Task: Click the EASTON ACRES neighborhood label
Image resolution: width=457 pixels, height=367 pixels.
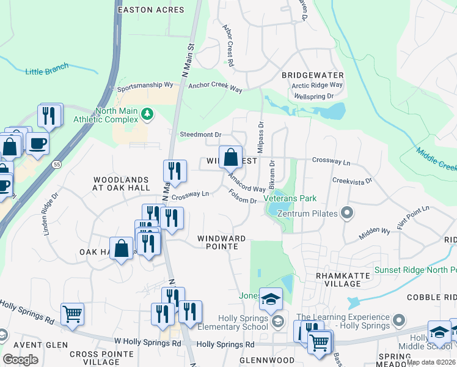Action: tap(150, 10)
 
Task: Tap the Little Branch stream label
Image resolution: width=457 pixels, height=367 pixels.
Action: tap(47, 69)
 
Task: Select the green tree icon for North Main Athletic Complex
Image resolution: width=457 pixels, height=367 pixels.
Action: tap(147, 114)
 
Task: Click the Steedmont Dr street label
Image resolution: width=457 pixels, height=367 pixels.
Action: tap(200, 135)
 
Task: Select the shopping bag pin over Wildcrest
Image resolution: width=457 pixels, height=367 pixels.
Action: tap(230, 158)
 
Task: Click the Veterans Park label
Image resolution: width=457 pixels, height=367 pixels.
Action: tap(290, 199)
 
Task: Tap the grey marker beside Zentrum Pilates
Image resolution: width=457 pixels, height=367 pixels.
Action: tap(347, 213)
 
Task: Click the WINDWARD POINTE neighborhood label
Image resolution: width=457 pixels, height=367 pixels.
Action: tap(221, 242)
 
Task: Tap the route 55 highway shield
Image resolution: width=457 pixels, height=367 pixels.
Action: tap(56, 165)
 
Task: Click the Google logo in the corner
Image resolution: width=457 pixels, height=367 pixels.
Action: tap(20, 360)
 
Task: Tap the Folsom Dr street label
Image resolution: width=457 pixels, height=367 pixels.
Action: tap(242, 197)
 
